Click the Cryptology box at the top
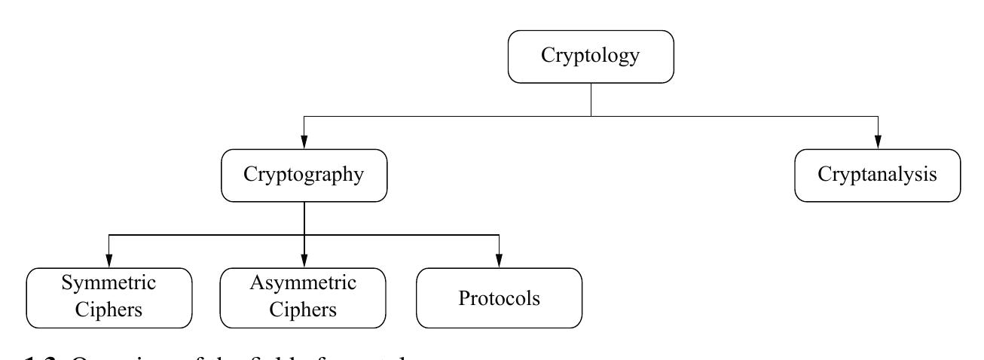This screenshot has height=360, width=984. point(590,56)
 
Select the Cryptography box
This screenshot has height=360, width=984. point(304,175)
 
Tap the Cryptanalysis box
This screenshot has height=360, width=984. point(877,175)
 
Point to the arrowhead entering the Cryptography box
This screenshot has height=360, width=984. point(304,142)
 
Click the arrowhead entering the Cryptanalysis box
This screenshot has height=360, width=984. point(877,142)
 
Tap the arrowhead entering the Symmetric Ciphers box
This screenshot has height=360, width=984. point(109,261)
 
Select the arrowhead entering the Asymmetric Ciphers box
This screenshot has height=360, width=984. point(304,261)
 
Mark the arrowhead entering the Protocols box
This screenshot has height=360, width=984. point(499,261)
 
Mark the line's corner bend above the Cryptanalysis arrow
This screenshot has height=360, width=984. point(877,117)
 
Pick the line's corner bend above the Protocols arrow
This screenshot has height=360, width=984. point(499,236)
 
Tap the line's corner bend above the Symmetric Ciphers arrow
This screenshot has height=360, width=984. point(109,236)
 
